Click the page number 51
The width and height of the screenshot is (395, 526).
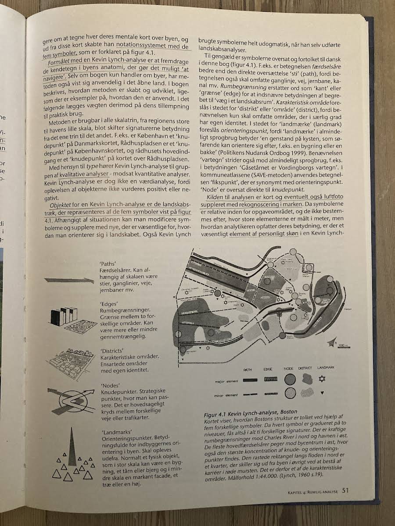[345, 490]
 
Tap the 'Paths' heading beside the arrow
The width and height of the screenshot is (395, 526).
[108, 264]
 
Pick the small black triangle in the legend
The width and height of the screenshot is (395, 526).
[323, 394]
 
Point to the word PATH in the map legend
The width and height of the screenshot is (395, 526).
[247, 370]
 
